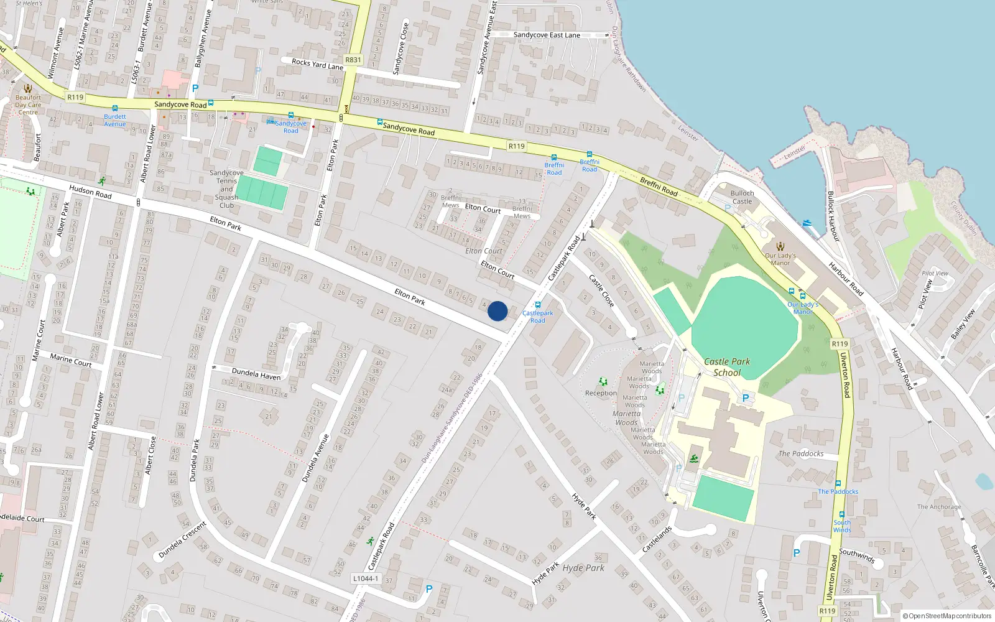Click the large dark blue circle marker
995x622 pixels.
497,311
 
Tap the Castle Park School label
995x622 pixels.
727,367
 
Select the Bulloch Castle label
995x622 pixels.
742,197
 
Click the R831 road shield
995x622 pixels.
353,60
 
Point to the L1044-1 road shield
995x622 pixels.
365,578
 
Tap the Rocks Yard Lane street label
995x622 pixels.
317,64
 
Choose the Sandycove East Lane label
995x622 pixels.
547,35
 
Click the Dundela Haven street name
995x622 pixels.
256,374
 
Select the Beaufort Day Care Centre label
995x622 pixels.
28,104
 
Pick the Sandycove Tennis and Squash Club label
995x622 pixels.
226,189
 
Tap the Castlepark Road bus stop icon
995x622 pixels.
538,305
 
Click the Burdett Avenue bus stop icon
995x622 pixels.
115,108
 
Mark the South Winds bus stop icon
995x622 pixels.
842,514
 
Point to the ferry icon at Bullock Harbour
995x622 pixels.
807,223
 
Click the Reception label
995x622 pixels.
601,393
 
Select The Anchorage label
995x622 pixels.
939,507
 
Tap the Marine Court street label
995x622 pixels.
70,360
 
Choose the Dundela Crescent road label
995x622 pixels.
182,539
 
